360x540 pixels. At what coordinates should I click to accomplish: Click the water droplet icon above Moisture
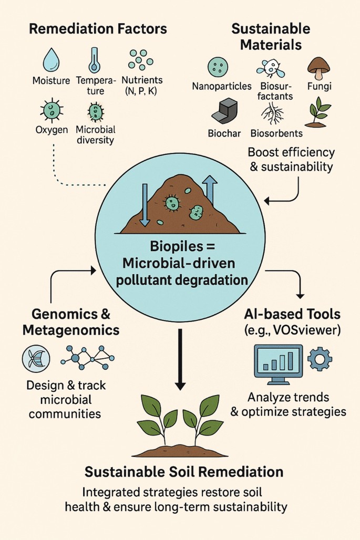(52, 57)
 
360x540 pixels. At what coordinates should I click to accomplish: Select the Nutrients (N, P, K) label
(142, 86)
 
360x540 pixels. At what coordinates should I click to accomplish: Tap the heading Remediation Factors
(98, 28)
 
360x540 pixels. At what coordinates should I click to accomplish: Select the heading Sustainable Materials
(271, 36)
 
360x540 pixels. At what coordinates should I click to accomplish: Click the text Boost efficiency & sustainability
(291, 160)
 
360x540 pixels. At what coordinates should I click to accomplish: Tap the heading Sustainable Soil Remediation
(184, 471)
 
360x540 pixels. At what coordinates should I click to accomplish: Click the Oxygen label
(52, 129)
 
